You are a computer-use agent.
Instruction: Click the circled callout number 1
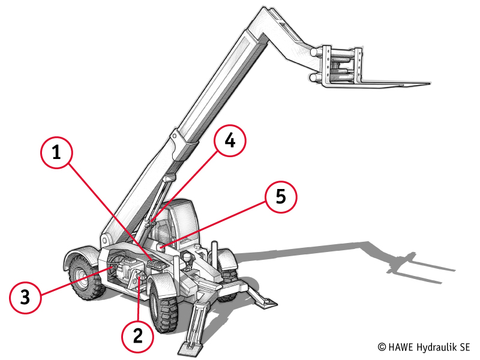click(56, 152)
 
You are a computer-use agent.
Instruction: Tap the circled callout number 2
click(138, 336)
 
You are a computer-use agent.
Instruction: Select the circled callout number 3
click(25, 296)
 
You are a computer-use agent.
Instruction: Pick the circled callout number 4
click(230, 141)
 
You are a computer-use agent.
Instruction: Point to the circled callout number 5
click(281, 197)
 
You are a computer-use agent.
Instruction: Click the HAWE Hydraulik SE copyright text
click(424, 347)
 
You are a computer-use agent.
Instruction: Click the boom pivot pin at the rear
click(105, 240)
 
